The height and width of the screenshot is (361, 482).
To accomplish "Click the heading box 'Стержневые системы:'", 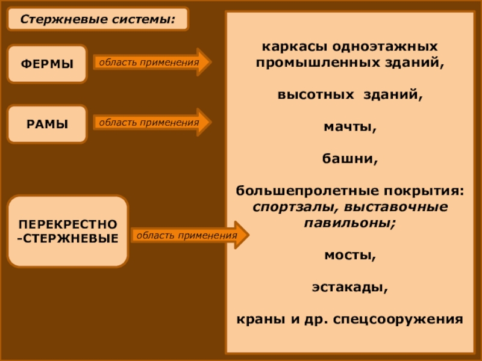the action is pyautogui.click(x=98, y=19).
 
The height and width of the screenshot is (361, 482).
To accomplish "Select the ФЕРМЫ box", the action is pyautogui.click(x=47, y=63).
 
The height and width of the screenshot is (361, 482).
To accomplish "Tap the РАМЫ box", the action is pyautogui.click(x=47, y=124).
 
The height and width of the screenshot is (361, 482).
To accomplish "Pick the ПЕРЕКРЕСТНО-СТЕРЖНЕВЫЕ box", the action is pyautogui.click(x=67, y=231).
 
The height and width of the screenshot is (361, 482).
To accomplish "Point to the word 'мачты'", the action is pyautogui.click(x=350, y=128).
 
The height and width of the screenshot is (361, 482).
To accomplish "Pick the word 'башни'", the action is pyautogui.click(x=350, y=160).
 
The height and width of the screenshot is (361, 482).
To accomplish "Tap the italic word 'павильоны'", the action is pyautogui.click(x=349, y=222).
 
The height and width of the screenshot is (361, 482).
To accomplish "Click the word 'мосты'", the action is pyautogui.click(x=350, y=255).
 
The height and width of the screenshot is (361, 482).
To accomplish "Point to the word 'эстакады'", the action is pyautogui.click(x=350, y=287).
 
